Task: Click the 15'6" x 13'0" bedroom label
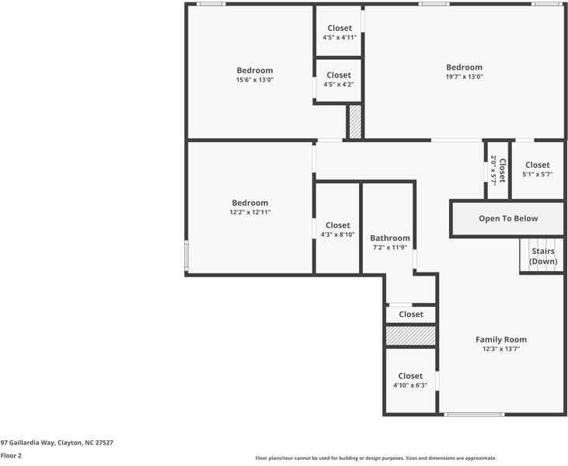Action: point(255,75)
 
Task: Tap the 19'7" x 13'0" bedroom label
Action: point(464,71)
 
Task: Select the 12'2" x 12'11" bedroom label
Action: point(250,207)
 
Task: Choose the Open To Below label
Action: point(508,219)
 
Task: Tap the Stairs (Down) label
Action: point(543,256)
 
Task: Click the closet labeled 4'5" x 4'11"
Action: point(339,33)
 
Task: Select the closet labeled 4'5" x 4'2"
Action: point(338,79)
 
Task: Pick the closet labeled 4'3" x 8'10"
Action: point(337,229)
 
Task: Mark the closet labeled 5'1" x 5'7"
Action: point(537,169)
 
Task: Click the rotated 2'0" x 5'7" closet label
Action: point(497,169)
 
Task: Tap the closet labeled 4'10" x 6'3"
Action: point(410,381)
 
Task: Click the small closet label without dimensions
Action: point(411,315)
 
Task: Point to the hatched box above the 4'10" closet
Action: point(411,336)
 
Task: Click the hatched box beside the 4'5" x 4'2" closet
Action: point(355,122)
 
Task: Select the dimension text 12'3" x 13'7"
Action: point(501,349)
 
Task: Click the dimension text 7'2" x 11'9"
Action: point(389,247)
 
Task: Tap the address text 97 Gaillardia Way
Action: point(57,442)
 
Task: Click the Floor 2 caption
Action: point(11,456)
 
